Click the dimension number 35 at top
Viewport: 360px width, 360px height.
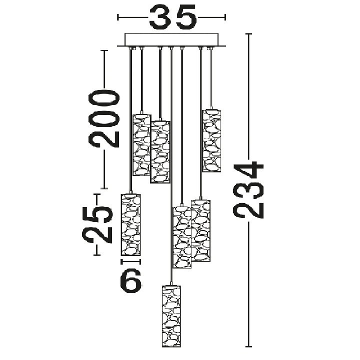coord(172,17)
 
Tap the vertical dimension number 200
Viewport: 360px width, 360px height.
coord(104,118)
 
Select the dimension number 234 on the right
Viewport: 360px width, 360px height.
coord(248,189)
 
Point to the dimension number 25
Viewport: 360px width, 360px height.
coord(97,224)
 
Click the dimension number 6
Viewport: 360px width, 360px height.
coord(130,280)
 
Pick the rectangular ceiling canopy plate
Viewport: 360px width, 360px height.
coord(171,39)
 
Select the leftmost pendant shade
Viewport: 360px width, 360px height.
coord(130,224)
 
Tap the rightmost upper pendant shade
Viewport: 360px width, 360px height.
coord(211,140)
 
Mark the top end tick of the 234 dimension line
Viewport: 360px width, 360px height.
coord(248,34)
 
